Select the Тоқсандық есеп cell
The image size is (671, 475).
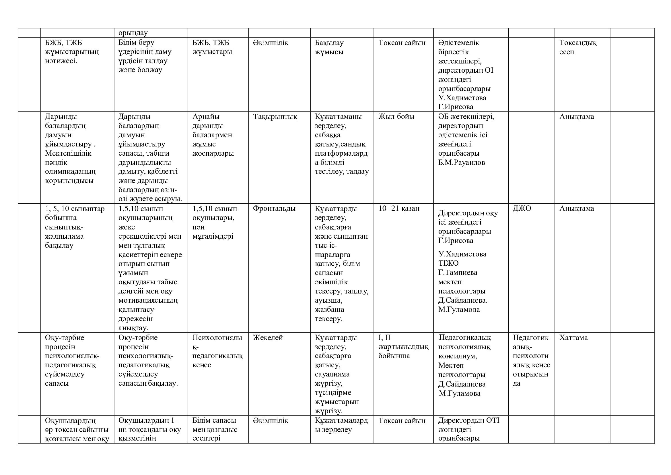pyautogui.click(x=578, y=47)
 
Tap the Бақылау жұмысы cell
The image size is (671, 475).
pyautogui.click(x=329, y=47)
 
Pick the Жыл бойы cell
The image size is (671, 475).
pyautogui.click(x=396, y=117)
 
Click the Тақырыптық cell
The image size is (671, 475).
pyautogui.click(x=275, y=117)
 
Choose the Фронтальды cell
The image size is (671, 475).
pyautogui.click(x=274, y=208)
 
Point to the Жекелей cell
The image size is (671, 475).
pyautogui.click(x=268, y=337)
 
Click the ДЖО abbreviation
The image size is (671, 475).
pyautogui.click(x=522, y=208)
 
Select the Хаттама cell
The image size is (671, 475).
pyautogui.click(x=573, y=337)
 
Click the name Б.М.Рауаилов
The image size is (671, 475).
pyautogui.click(x=462, y=162)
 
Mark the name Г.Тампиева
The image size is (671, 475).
pyautogui.click(x=458, y=272)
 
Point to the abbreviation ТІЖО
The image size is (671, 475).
pyautogui.click(x=448, y=263)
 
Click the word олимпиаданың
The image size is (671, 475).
pyautogui.click(x=70, y=171)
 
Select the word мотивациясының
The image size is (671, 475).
pyautogui.click(x=148, y=300)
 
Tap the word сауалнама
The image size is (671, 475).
pyautogui.click(x=332, y=374)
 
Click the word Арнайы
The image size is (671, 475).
pyautogui.click(x=206, y=117)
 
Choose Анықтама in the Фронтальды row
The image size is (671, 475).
pyautogui.click(x=576, y=208)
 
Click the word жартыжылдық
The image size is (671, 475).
pyautogui.click(x=403, y=347)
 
